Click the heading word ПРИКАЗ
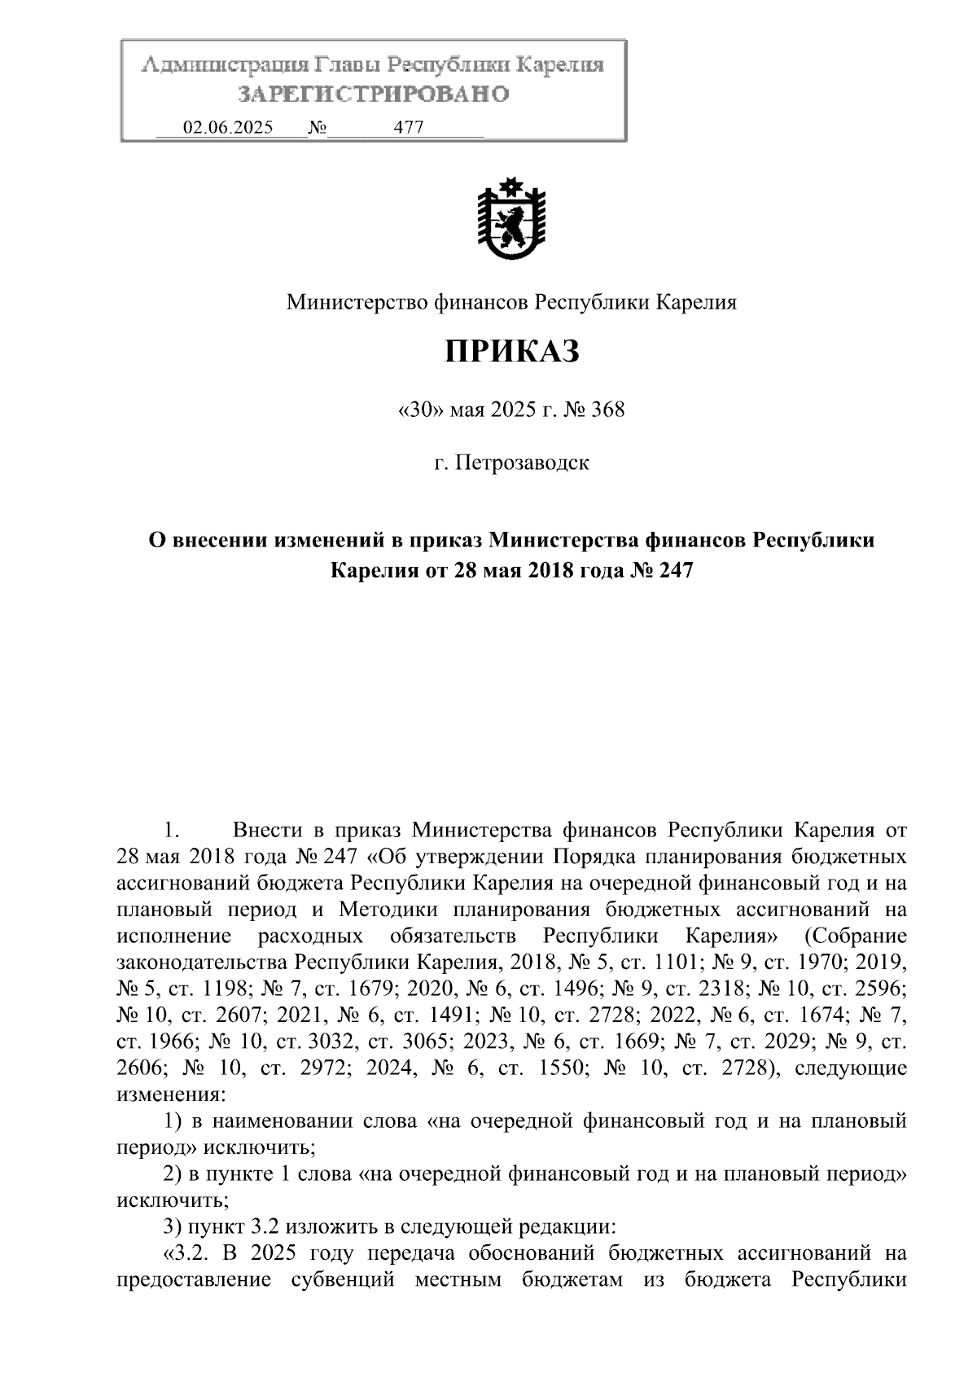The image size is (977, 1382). (511, 353)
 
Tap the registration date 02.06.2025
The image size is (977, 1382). (229, 128)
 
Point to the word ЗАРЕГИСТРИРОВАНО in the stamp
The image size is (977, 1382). (373, 94)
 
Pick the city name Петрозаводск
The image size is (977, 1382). (522, 463)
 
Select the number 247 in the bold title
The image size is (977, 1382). (675, 570)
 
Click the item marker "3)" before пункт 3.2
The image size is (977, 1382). (173, 1226)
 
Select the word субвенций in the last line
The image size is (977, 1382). (343, 1279)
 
